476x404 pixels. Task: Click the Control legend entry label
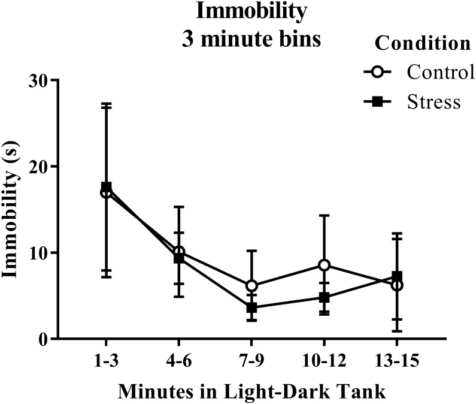tap(441, 73)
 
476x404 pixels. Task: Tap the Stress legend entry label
tap(434, 101)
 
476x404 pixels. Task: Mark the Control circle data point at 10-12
tap(324, 265)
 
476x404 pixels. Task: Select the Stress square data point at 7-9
tap(251, 307)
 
